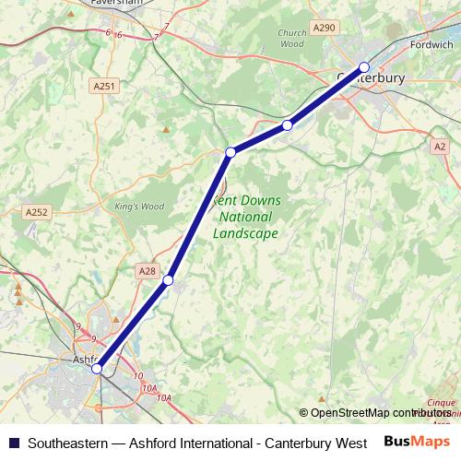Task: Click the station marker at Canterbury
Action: pos(364,66)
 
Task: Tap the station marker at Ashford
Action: pos(97,369)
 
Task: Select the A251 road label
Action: pos(104,86)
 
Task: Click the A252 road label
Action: pos(36,212)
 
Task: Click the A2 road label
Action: pos(440,146)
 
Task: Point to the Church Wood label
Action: pos(291,38)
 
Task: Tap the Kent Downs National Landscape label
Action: pos(246,217)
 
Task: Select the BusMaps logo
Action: pos(417,441)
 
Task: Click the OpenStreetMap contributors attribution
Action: pos(375,413)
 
